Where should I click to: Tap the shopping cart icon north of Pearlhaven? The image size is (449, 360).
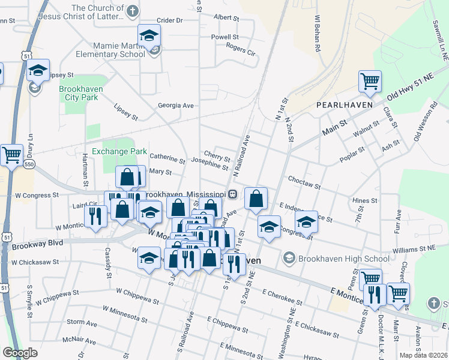370,81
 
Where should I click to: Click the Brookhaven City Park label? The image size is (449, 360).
81,93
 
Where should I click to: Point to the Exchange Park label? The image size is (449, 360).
119,152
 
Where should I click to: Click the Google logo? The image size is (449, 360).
20,353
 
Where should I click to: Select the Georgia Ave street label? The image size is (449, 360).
176,105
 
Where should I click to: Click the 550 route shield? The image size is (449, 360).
29,163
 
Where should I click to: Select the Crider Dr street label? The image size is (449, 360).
170,20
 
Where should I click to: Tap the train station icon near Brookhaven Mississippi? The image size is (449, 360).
232,194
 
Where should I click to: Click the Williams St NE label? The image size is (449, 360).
415,247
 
